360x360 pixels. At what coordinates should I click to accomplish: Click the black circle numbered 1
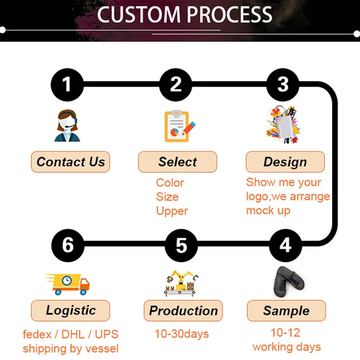click(x=67, y=85)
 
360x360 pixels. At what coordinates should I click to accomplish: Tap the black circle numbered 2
click(x=175, y=85)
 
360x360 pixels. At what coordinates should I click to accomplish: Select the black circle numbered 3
click(x=283, y=85)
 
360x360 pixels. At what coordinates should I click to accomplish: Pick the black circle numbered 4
click(x=285, y=245)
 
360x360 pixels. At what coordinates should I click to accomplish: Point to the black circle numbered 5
click(x=181, y=245)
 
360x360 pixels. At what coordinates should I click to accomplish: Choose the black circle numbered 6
click(x=68, y=245)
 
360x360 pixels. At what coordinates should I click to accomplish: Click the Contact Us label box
click(x=71, y=162)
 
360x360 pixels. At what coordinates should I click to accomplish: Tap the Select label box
click(x=177, y=162)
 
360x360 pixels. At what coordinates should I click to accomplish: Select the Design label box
click(x=285, y=162)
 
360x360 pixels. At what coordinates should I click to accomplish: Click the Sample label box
click(x=286, y=310)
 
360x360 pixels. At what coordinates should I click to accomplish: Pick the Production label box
click(x=183, y=310)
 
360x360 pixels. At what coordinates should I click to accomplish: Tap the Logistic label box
click(x=71, y=310)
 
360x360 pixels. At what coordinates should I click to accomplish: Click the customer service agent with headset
click(x=67, y=126)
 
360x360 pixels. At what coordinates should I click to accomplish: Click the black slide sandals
click(x=288, y=282)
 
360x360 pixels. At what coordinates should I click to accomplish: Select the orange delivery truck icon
click(x=67, y=284)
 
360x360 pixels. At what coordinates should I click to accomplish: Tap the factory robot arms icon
click(x=181, y=283)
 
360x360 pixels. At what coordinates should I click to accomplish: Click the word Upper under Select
click(x=172, y=211)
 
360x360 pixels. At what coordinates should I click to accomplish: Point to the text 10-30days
click(x=182, y=334)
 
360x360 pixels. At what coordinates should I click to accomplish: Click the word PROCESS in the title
click(x=229, y=14)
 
